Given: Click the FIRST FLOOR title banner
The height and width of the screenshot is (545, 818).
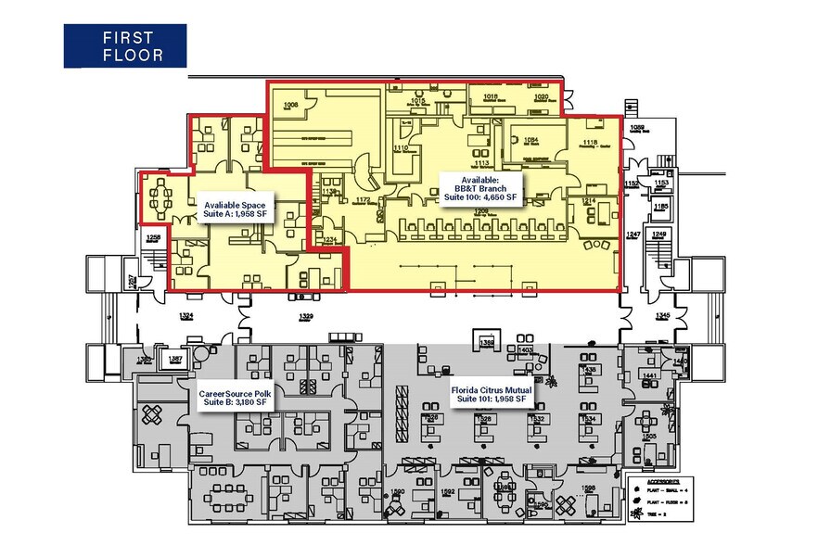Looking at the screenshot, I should tap(124, 45).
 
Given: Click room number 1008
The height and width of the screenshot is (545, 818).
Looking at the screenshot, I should tap(291, 107).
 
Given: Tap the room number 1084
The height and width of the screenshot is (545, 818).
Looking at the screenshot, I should tap(530, 140).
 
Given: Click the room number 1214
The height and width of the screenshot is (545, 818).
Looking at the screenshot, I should tap(588, 200).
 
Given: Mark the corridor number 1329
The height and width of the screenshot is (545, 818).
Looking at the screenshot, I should tap(305, 317).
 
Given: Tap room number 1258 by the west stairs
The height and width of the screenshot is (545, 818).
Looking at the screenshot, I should tap(153, 238).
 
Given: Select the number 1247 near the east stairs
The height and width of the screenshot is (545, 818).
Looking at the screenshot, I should tap(633, 235).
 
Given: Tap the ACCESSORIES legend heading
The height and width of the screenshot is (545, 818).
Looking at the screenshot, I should tap(662, 482).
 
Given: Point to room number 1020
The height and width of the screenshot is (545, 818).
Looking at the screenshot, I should tap(542, 96).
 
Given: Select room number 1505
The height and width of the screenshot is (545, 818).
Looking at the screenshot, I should tap(650, 436).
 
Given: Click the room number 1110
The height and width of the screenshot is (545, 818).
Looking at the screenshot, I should tap(401, 148).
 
